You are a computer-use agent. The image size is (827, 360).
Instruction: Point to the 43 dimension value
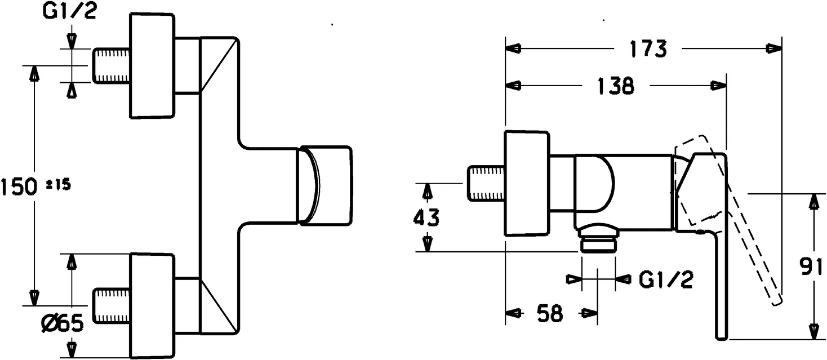pyautogui.click(x=426, y=217)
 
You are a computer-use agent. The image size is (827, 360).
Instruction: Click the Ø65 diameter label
pyautogui.click(x=63, y=323)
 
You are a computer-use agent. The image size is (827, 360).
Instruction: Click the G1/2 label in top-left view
pyautogui.click(x=69, y=12)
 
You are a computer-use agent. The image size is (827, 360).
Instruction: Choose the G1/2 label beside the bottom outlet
pyautogui.click(x=666, y=279)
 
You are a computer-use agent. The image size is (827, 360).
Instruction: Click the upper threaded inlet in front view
pyautogui.click(x=111, y=66)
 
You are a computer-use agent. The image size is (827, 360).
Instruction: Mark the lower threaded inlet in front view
pyautogui.click(x=111, y=305)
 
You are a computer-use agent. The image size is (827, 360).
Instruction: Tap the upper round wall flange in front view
pyautogui.click(x=153, y=66)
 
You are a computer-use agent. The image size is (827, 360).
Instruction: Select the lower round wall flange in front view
pyautogui.click(x=153, y=305)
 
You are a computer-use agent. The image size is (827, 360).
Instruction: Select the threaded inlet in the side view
pyautogui.click(x=486, y=184)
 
